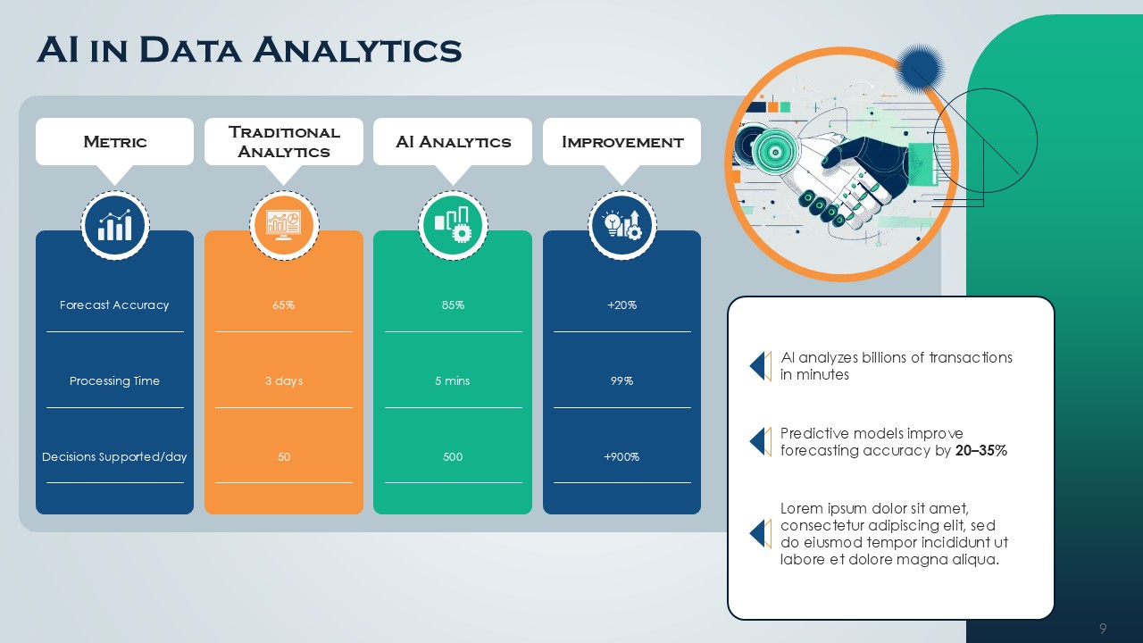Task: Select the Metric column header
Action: point(114,142)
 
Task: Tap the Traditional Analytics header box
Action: point(284,142)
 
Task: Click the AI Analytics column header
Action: point(453,142)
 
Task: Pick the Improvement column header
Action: point(622,142)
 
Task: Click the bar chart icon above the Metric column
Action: point(115,226)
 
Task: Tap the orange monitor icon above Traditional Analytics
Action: point(284,226)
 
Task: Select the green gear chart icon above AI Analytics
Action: point(453,226)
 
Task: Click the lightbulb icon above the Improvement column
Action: point(622,226)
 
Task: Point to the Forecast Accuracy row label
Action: point(114,305)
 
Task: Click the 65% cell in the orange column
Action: point(284,305)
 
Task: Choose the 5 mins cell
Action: point(453,381)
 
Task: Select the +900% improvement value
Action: point(622,457)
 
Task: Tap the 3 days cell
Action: point(284,381)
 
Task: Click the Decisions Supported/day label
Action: point(114,457)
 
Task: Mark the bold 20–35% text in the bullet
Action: point(980,451)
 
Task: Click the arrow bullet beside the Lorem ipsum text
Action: point(760,533)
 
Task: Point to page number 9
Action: point(1103,629)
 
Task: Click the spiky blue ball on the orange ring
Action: point(919,69)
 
